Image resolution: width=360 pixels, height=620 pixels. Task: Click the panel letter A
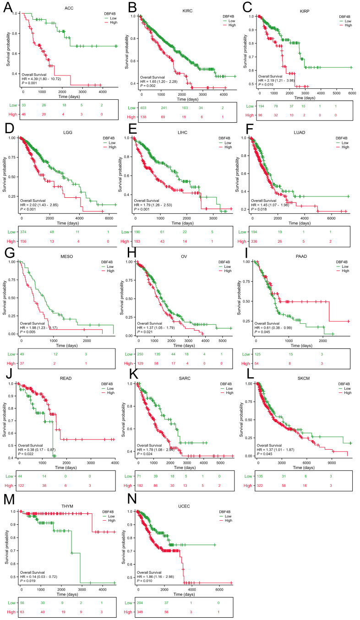tap(8, 8)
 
